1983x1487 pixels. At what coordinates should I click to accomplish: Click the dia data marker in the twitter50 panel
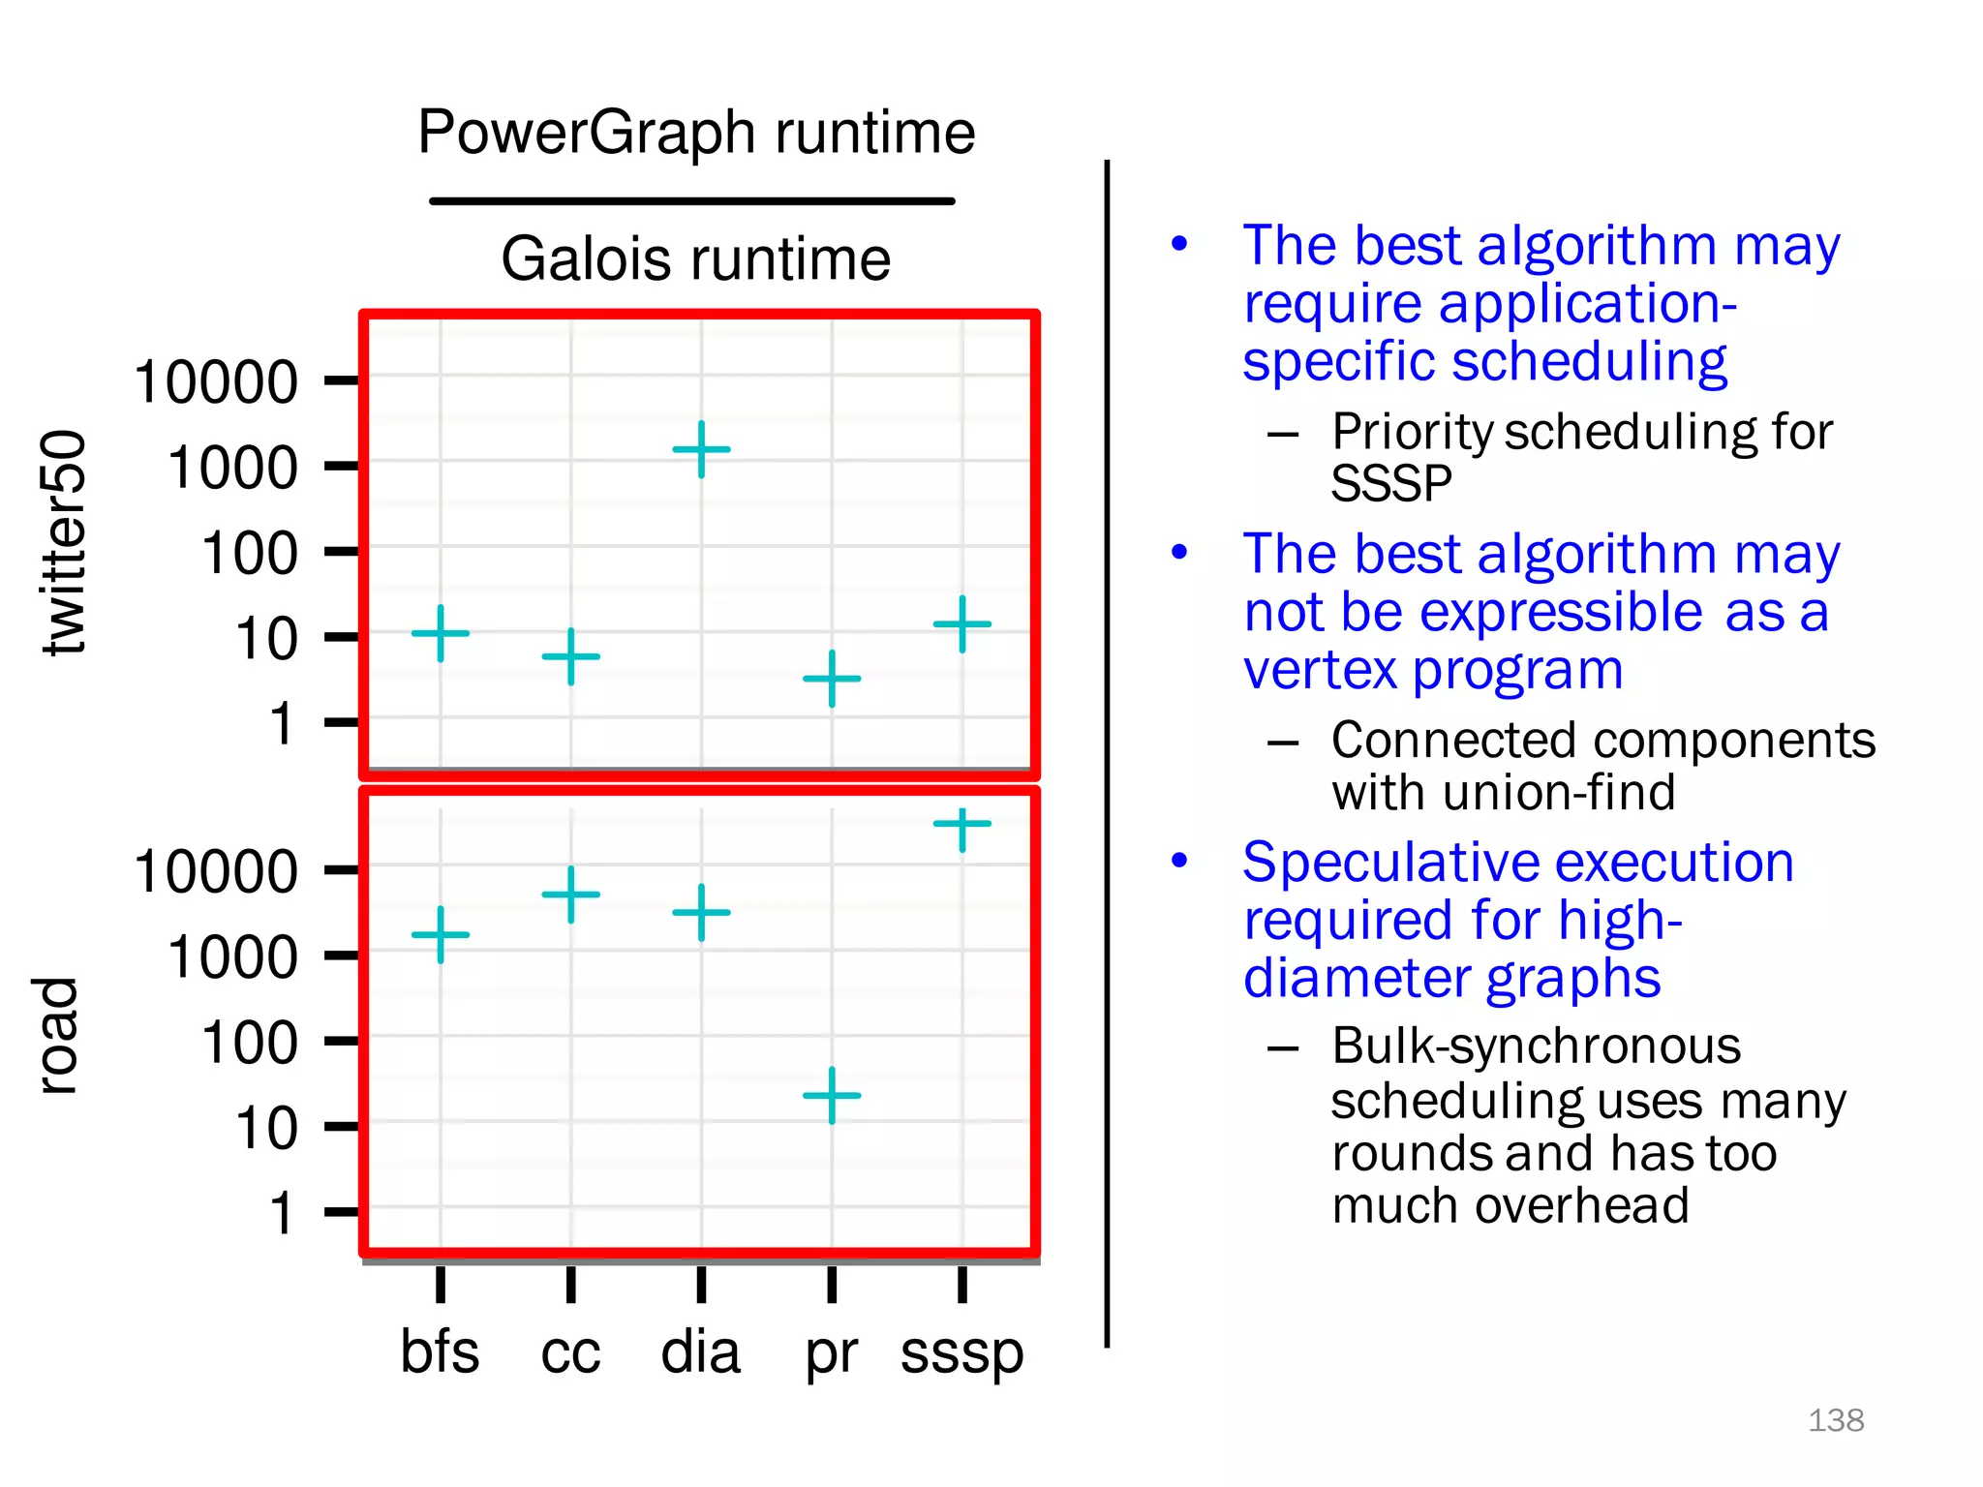coord(701,449)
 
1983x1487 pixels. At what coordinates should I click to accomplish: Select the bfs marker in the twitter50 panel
coord(441,633)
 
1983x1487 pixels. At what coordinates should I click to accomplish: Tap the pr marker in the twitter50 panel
coord(832,679)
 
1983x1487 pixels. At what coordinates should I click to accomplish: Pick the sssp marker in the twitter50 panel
coord(962,624)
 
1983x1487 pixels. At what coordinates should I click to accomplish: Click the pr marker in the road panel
coord(832,1095)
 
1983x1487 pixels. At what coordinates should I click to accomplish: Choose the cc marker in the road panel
coord(571,895)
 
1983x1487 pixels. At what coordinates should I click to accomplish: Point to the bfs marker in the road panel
coord(441,935)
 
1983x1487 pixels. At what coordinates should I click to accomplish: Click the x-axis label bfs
coord(440,1351)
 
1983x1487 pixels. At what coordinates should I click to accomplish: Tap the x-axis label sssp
coord(961,1353)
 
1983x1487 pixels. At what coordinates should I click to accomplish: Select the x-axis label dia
coord(700,1351)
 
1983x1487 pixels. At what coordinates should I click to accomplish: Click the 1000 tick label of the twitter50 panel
coord(232,468)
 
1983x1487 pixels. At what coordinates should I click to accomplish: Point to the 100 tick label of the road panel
coord(249,1043)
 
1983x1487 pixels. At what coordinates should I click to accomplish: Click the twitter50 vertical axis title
coord(64,542)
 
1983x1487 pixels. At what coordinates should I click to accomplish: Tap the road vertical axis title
coord(56,1036)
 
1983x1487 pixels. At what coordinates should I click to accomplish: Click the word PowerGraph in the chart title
coord(587,133)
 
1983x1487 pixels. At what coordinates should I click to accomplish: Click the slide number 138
coord(1836,1420)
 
